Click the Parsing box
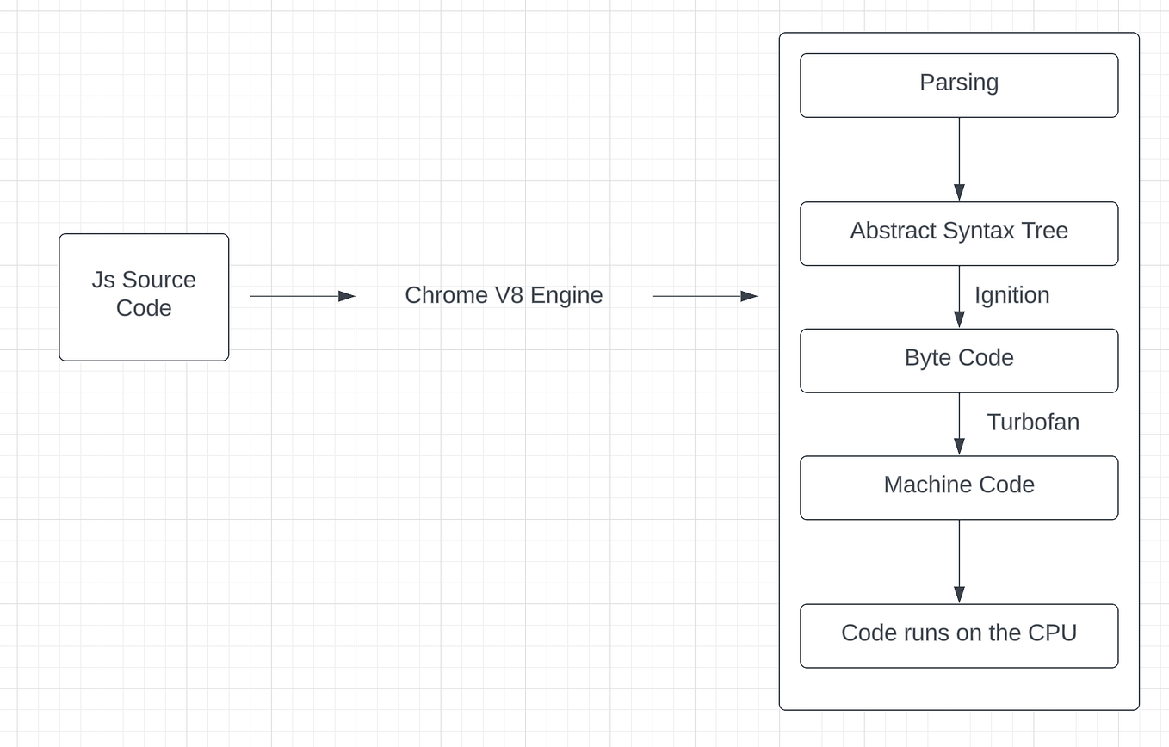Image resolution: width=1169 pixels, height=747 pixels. [958, 84]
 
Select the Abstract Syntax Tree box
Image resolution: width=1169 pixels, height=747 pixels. [958, 232]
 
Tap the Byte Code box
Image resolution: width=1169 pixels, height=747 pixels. [958, 360]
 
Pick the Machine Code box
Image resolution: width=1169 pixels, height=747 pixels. [958, 486]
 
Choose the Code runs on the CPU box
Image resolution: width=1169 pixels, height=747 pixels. [958, 635]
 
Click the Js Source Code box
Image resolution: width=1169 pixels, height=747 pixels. [144, 296]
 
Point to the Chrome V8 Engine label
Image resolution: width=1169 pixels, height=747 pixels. [504, 295]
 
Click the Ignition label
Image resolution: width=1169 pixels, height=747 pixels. [1011, 295]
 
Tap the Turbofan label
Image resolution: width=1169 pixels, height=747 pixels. [1032, 422]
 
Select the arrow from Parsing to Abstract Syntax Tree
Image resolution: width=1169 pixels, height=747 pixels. [959, 159]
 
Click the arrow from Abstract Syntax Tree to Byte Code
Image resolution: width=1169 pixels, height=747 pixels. [959, 297]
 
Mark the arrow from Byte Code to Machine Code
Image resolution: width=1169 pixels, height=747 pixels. [959, 423]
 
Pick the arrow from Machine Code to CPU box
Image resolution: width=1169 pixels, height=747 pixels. [959, 561]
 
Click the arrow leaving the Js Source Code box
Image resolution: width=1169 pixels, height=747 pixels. [302, 296]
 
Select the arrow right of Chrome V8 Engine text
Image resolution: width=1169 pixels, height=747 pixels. [704, 296]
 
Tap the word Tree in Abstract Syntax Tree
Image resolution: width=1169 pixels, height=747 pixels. [1046, 231]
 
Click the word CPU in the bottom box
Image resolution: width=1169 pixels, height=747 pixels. [1052, 633]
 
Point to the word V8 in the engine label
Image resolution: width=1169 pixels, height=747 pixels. [509, 295]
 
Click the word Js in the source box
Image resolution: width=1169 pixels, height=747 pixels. [103, 280]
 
